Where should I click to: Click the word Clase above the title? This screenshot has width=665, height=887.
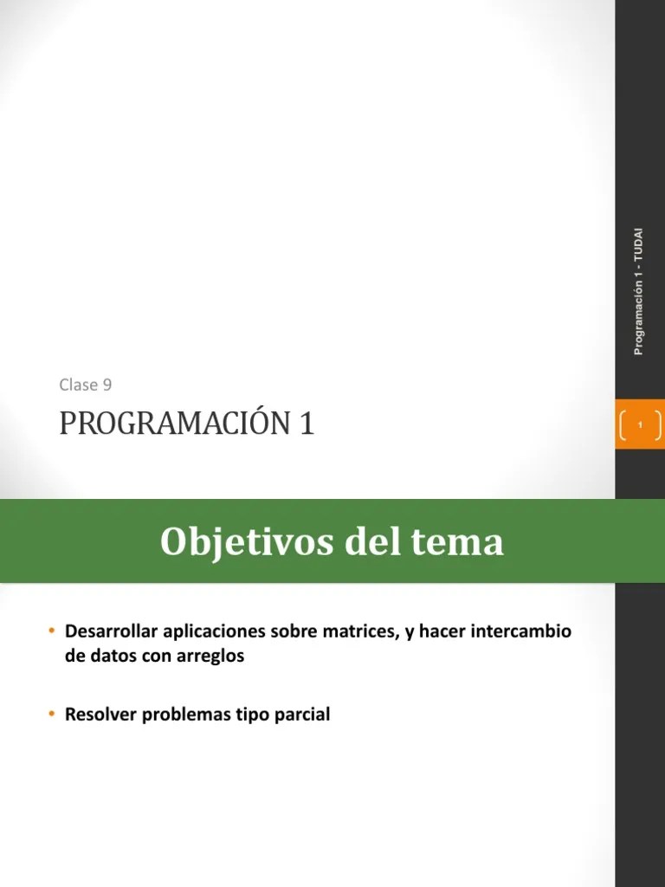(79, 385)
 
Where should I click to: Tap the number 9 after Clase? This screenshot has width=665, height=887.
(107, 385)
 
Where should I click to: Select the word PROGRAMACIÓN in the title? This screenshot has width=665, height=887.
(174, 424)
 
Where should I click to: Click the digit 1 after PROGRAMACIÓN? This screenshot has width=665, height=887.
(307, 424)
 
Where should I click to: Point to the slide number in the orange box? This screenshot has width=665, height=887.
(639, 424)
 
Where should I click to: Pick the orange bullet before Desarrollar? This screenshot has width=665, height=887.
(52, 631)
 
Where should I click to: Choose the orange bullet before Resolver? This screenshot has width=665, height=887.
(52, 715)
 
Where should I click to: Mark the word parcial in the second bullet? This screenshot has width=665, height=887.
(302, 715)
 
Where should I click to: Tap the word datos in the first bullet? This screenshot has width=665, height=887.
(110, 656)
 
